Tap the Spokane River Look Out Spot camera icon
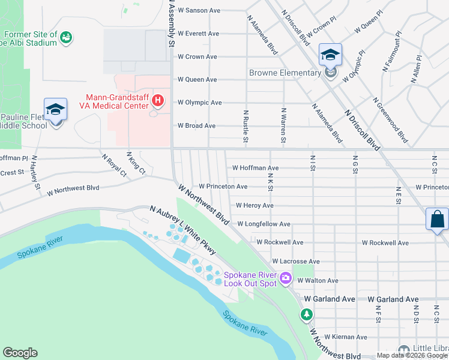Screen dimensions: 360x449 click(x=285, y=277)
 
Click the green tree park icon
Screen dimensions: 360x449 click(x=307, y=314)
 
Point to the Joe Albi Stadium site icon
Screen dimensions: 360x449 click(x=67, y=38)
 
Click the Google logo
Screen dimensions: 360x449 click(x=20, y=353)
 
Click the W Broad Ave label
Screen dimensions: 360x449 click(x=196, y=126)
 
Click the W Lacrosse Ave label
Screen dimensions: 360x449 click(x=295, y=262)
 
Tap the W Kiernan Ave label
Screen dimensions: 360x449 click(x=346, y=337)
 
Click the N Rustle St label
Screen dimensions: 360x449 click(x=246, y=127)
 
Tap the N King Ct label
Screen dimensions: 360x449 click(x=136, y=163)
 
